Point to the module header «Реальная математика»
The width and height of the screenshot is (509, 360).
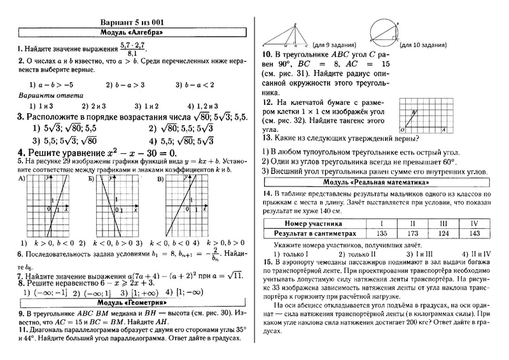pos(375,182)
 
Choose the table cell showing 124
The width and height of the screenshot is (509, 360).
pos(442,234)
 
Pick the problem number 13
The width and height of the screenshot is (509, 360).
pos(268,137)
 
